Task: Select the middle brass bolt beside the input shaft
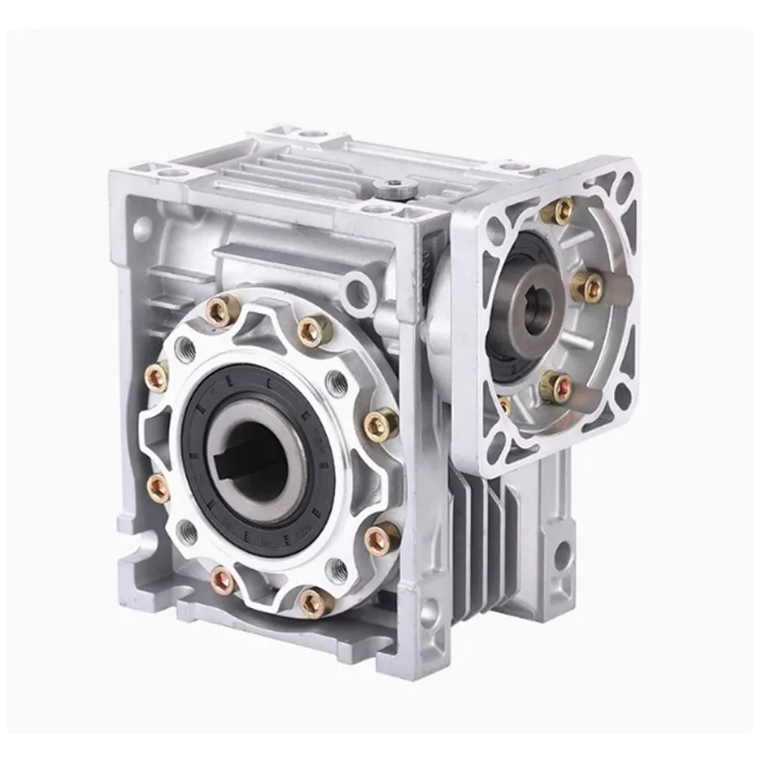tap(589, 288)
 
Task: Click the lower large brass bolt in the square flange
tap(555, 387)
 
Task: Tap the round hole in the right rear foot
tap(562, 555)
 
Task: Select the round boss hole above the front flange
tap(356, 293)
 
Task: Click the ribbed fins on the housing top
tap(284, 172)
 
